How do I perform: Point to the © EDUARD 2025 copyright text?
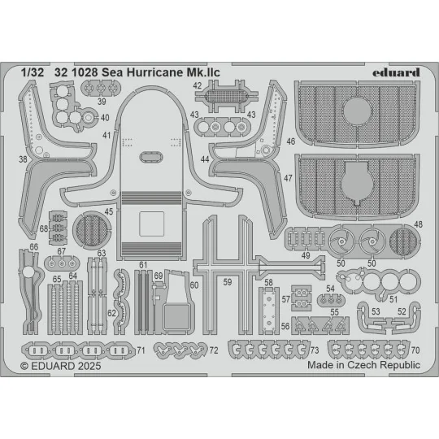[x=58, y=365]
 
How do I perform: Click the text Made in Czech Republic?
[x=363, y=365]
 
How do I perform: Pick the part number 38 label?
[x=22, y=159]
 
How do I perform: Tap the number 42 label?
[x=198, y=85]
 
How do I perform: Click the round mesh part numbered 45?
[x=89, y=224]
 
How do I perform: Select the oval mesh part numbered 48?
[x=403, y=241]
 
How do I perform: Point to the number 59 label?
[x=228, y=282]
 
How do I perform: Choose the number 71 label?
[x=141, y=350]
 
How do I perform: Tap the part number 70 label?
[x=415, y=350]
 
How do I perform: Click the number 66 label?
[x=33, y=246]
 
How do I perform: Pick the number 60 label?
[x=193, y=285]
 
